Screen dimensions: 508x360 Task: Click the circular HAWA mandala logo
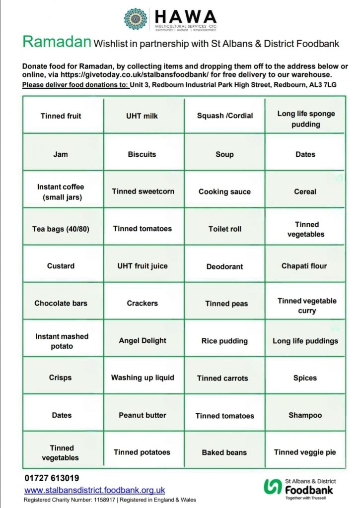click(136, 19)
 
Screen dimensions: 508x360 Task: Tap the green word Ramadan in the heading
click(57, 43)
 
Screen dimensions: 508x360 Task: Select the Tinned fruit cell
click(61, 116)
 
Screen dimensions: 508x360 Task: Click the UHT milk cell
click(142, 116)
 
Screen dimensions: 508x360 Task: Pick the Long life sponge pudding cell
click(306, 119)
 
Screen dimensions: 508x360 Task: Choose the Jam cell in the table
click(61, 154)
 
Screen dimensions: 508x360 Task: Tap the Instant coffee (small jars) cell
click(61, 191)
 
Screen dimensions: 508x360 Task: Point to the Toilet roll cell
click(225, 229)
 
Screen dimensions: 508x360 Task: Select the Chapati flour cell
click(304, 266)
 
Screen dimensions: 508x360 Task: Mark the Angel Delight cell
click(143, 341)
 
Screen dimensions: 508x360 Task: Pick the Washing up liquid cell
click(143, 378)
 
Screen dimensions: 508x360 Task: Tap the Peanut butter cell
click(143, 415)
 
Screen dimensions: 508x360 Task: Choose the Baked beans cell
click(224, 452)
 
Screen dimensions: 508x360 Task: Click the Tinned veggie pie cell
click(305, 452)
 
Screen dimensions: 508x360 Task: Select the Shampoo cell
click(305, 415)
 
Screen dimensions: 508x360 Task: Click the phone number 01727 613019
click(52, 479)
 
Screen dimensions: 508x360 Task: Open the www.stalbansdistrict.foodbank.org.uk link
click(95, 490)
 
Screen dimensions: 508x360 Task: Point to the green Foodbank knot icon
click(273, 487)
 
